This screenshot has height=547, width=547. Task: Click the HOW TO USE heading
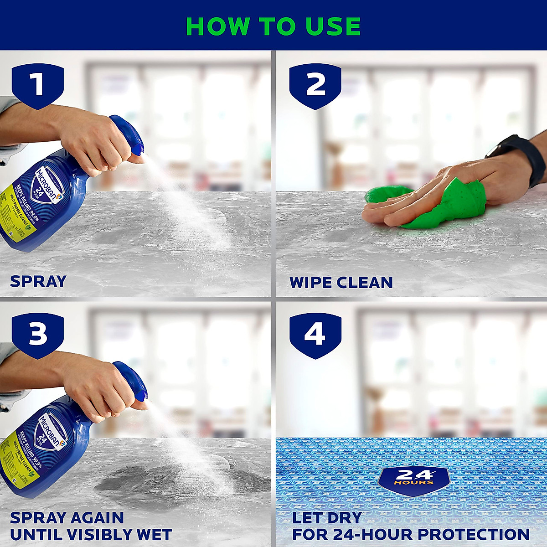click(273, 26)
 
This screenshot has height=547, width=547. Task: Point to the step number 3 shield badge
click(37, 334)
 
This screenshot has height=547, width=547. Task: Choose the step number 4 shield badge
click(315, 334)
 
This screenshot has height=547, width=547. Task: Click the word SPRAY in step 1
click(38, 281)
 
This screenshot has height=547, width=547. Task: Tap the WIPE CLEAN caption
click(341, 282)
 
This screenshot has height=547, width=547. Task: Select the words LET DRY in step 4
click(327, 518)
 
